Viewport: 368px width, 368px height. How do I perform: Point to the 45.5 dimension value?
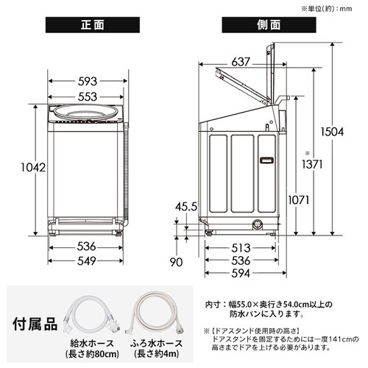coord(185,207)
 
